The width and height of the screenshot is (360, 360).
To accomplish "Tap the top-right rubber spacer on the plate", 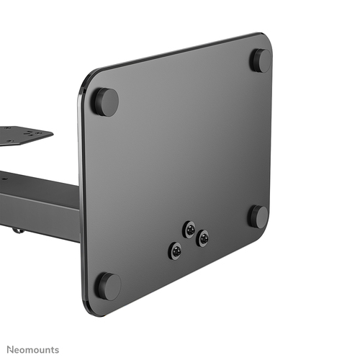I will pos(260,60).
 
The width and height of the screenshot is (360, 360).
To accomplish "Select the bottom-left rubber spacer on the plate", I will pos(108,285).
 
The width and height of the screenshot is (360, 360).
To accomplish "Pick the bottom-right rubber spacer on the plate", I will pos(258,216).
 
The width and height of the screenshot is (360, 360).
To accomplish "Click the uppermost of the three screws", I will pos(189,229).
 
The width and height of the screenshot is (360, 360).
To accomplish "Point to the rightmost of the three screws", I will pos(203,238).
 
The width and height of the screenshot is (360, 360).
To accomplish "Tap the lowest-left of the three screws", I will pos(175,251).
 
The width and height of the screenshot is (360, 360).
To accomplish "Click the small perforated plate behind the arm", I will pos(22,135).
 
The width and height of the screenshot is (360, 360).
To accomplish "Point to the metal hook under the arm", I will pos(16,230).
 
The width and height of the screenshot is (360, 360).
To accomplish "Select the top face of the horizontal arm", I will pos(43,184).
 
